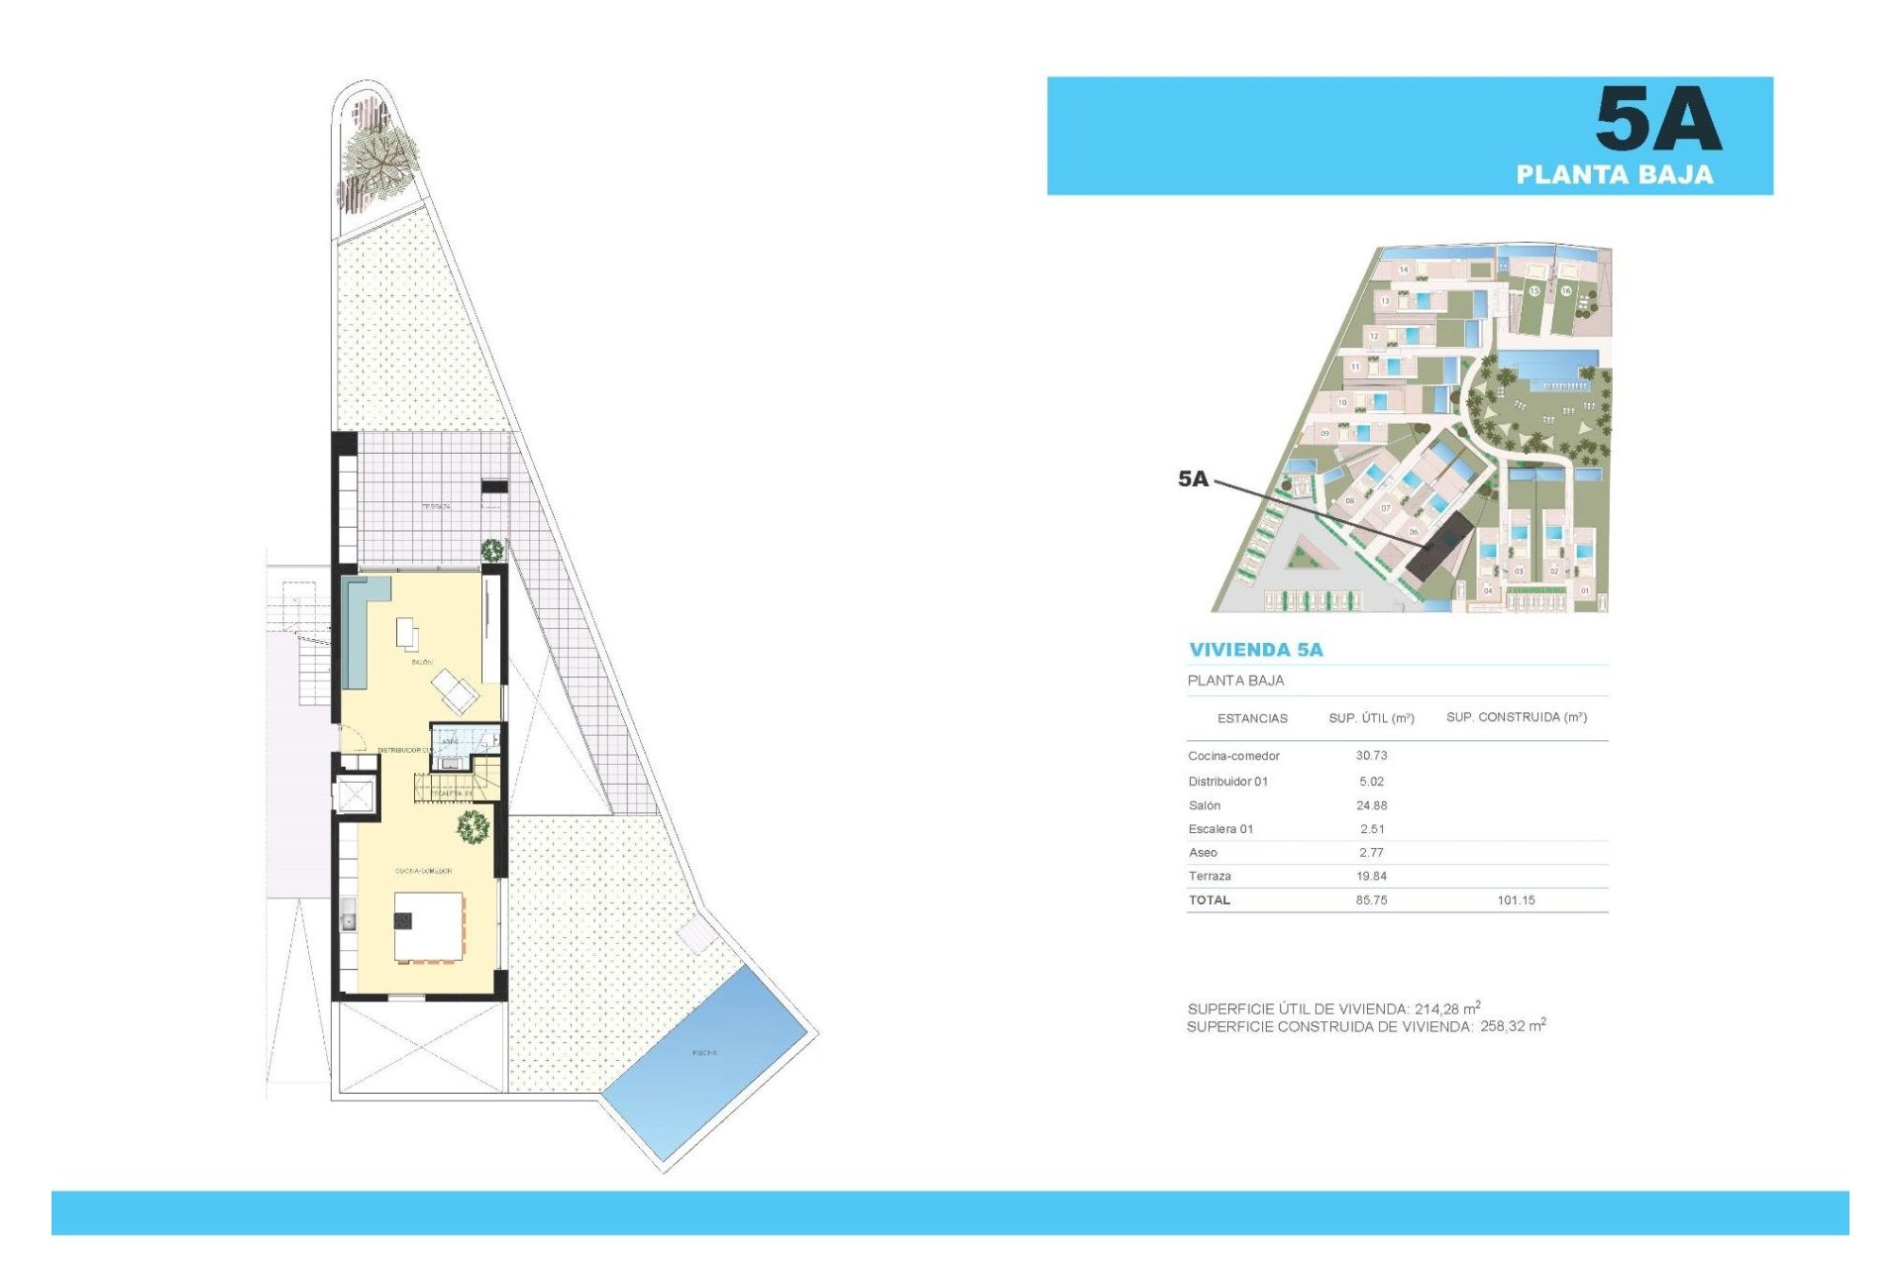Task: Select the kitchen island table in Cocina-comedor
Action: pos(429,926)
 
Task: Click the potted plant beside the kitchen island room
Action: pos(474,825)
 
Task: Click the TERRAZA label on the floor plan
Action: pos(436,506)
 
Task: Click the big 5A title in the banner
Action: pos(1658,119)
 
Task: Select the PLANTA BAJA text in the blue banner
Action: pos(1614,175)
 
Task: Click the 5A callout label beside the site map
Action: pos(1193,479)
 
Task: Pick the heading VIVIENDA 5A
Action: pos(1255,650)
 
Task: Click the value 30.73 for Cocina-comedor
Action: pos(1371,756)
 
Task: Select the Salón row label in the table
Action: pos(1205,805)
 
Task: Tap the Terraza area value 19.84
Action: pos(1371,877)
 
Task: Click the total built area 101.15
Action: pos(1516,900)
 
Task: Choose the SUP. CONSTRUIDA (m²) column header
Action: pos(1516,717)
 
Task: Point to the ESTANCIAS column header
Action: pos(1252,718)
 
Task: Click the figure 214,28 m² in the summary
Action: pos(1447,1008)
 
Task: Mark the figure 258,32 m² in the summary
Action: pos(1513,1026)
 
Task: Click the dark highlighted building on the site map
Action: pos(1439,548)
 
